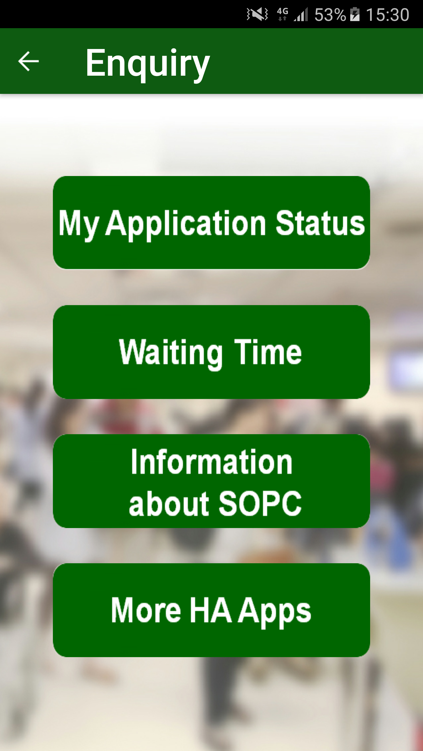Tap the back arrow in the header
28,61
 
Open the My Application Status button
211,223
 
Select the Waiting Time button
211,352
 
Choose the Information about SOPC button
211,481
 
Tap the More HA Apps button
211,610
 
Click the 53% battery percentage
330,15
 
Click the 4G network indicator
283,14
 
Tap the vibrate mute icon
257,14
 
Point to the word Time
268,351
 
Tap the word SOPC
260,503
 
